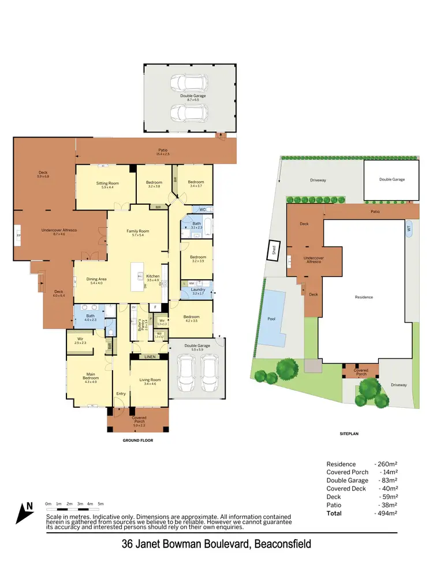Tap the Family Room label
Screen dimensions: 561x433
[x=138, y=233]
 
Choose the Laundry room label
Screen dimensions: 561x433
[x=198, y=291]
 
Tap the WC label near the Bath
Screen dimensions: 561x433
[x=203, y=209]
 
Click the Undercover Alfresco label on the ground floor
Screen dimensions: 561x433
[x=59, y=232]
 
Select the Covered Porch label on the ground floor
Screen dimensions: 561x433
[x=139, y=419]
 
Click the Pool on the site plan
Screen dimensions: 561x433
[x=271, y=319]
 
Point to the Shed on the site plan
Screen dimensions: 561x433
[x=274, y=250]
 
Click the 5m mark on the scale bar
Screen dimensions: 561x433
[x=100, y=504]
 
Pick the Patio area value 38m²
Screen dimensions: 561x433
[x=386, y=505]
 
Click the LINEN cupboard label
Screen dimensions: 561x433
[x=150, y=357]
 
